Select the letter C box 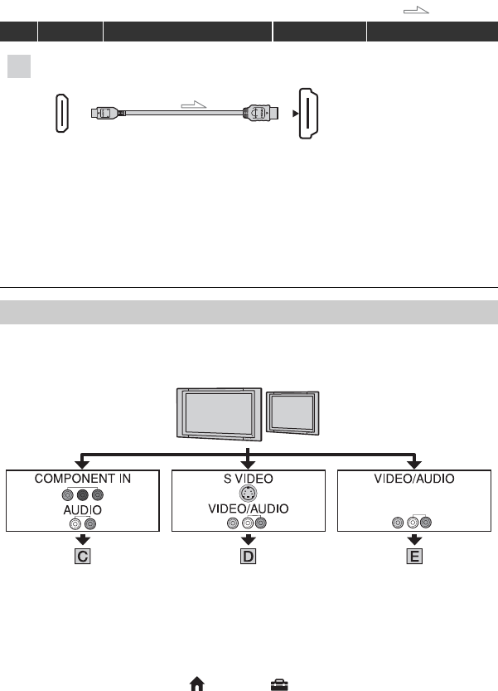(82, 557)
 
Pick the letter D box (248, 557)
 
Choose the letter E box (413, 557)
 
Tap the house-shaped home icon (197, 683)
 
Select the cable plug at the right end (259, 110)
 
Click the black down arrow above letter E (413, 540)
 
